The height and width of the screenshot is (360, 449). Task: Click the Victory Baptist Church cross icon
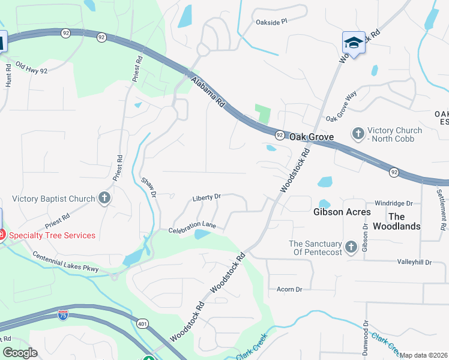[104, 199]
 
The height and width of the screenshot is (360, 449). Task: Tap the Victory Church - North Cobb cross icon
[358, 133]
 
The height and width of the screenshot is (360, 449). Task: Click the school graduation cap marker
[354, 43]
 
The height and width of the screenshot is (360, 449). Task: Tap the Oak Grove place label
[312, 137]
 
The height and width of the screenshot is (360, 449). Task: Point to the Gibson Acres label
[342, 212]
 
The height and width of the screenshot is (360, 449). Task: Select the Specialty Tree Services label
[52, 235]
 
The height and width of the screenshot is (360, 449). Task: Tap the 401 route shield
[142, 325]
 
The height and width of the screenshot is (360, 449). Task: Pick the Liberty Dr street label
[206, 197]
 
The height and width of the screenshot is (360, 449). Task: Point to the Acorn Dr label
[289, 289]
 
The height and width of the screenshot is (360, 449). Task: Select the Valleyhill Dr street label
[414, 262]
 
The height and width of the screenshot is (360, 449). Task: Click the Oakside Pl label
[272, 20]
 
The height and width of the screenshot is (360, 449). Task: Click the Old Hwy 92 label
[31, 67]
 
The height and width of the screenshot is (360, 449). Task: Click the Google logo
[19, 353]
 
